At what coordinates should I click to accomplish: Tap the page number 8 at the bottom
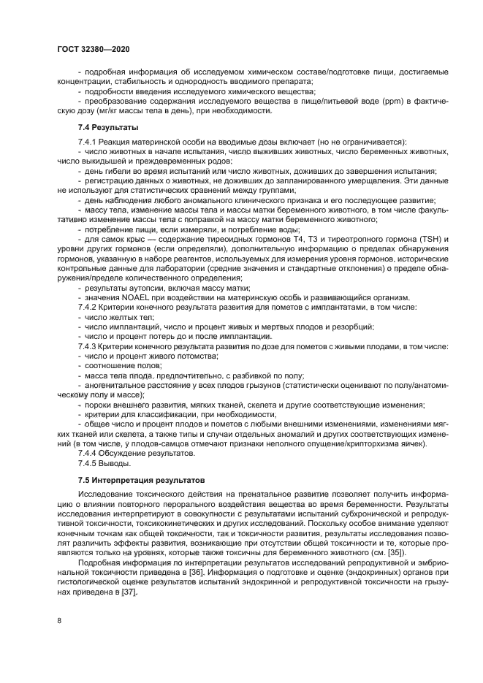pyautogui.click(x=61, y=620)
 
